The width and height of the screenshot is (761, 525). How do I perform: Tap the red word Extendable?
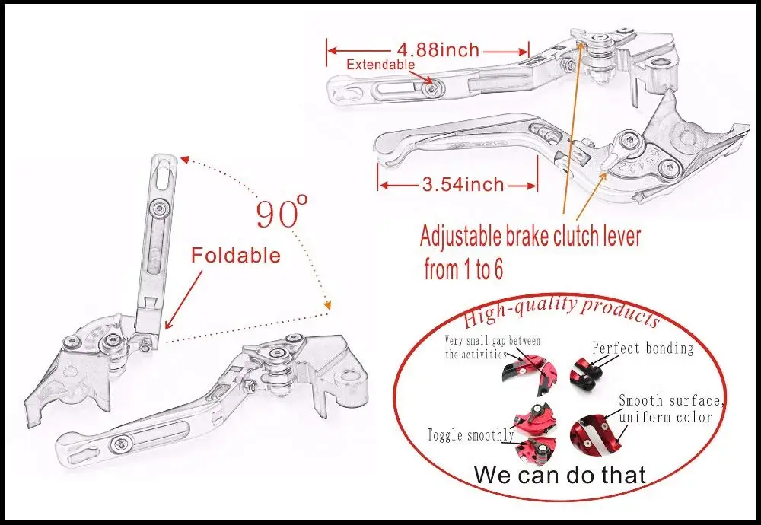(380, 65)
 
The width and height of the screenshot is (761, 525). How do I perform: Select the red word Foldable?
(236, 255)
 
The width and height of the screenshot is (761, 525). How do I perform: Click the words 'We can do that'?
(559, 475)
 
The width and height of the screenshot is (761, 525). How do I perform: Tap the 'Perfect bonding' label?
(643, 348)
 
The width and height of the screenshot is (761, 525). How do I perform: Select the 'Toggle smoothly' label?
(470, 435)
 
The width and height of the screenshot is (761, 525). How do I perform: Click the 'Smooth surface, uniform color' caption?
(665, 409)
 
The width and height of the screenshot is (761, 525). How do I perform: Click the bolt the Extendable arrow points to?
(432, 89)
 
